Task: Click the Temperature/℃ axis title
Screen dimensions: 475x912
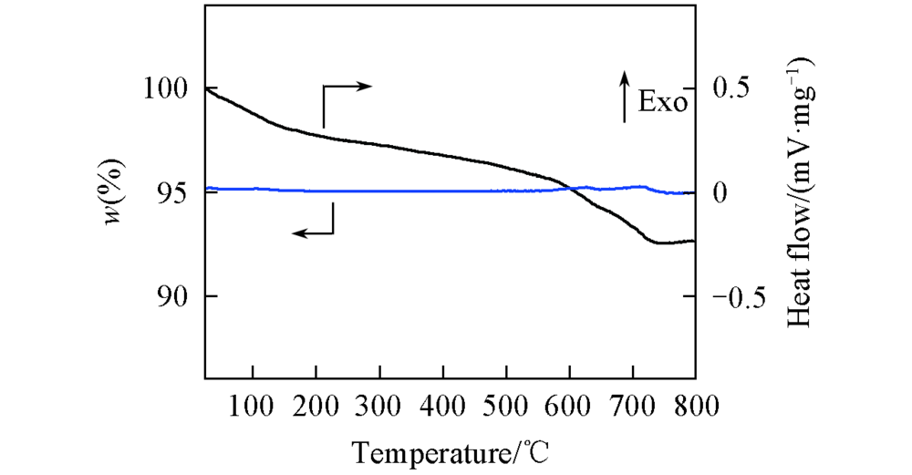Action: [x=450, y=449]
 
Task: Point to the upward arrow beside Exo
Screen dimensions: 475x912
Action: [x=625, y=98]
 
